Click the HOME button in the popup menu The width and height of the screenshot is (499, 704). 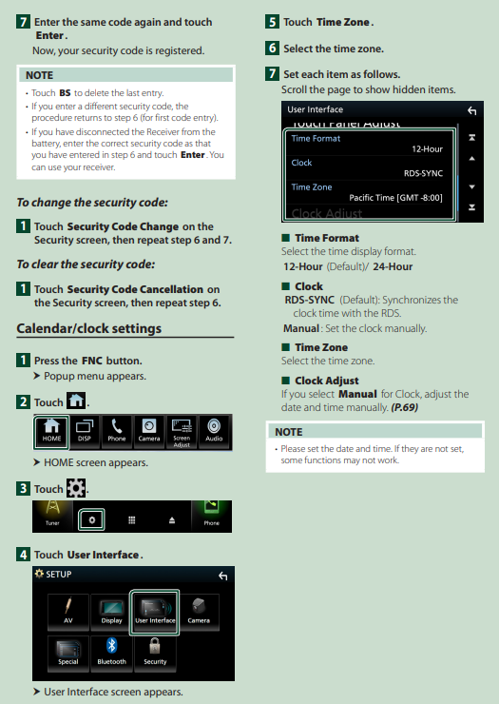tap(51, 432)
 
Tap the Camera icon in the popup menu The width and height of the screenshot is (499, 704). tap(149, 432)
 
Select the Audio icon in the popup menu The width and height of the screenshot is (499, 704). tap(214, 432)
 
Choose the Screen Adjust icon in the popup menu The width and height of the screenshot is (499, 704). tap(182, 432)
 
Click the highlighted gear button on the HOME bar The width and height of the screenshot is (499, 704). tap(91, 519)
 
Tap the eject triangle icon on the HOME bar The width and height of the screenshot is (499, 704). tap(172, 520)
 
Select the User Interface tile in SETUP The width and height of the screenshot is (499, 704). tap(155, 612)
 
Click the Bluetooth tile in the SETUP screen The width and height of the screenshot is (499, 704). tap(112, 654)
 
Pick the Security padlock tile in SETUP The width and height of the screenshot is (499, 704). tap(155, 654)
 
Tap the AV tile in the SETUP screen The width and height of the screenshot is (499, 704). tap(68, 612)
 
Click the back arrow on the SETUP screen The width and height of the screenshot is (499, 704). tap(223, 576)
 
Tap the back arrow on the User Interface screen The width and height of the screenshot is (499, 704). tap(471, 110)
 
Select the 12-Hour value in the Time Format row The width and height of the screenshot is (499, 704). tap(427, 149)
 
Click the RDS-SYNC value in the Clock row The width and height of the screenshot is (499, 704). tap(423, 173)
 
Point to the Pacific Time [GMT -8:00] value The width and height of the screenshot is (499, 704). tap(395, 198)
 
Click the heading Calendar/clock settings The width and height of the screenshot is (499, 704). tap(88, 328)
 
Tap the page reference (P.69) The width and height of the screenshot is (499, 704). tap(404, 407)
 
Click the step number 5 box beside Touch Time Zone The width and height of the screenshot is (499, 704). tap(272, 22)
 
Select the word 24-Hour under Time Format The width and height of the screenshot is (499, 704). tap(393, 266)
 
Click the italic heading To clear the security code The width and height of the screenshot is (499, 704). tap(86, 264)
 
